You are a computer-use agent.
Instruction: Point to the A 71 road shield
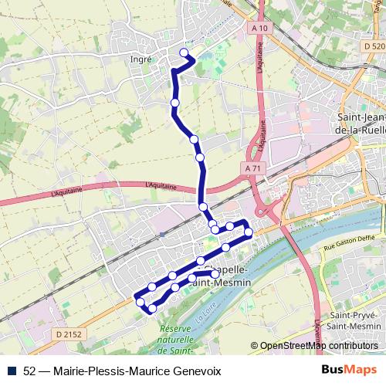coord(252,168)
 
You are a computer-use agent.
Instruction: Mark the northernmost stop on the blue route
coord(184,52)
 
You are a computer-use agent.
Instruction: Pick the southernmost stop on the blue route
coord(152,309)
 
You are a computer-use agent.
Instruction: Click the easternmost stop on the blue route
coord(249,232)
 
